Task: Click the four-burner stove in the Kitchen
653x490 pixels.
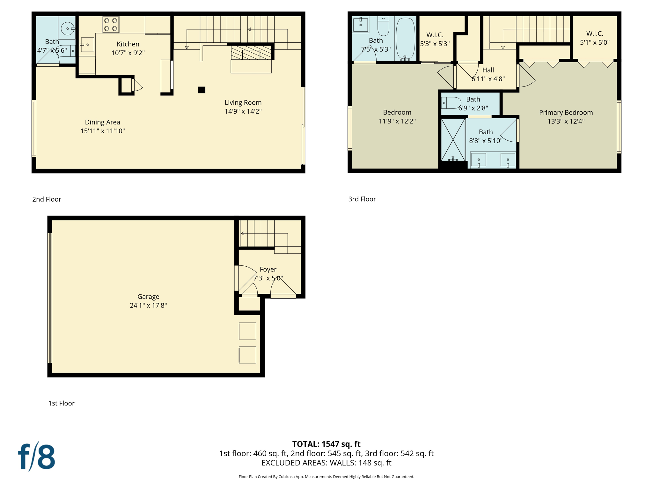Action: pos(111,25)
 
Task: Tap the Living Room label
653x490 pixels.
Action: pos(243,103)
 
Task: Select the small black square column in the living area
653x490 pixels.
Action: pos(202,90)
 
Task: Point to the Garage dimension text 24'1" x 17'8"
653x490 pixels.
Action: pos(148,306)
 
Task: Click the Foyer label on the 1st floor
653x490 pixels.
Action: pos(268,270)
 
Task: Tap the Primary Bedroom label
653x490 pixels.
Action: pos(566,113)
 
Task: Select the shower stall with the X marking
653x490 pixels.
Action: pos(453,139)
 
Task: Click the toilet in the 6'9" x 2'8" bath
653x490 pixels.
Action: pos(451,103)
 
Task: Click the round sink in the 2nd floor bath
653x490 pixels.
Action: pos(67,29)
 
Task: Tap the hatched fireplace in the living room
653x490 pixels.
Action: pos(251,53)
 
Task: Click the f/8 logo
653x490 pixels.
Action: pos(36,457)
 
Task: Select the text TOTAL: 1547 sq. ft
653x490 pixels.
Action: pos(326,444)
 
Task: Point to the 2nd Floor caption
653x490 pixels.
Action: pos(47,199)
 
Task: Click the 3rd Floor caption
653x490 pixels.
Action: pos(362,199)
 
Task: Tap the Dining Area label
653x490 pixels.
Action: pos(102,122)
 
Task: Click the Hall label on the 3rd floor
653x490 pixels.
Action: pos(488,70)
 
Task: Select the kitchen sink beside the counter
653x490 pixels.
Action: pos(87,45)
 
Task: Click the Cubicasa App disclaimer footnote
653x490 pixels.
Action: pos(326,477)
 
